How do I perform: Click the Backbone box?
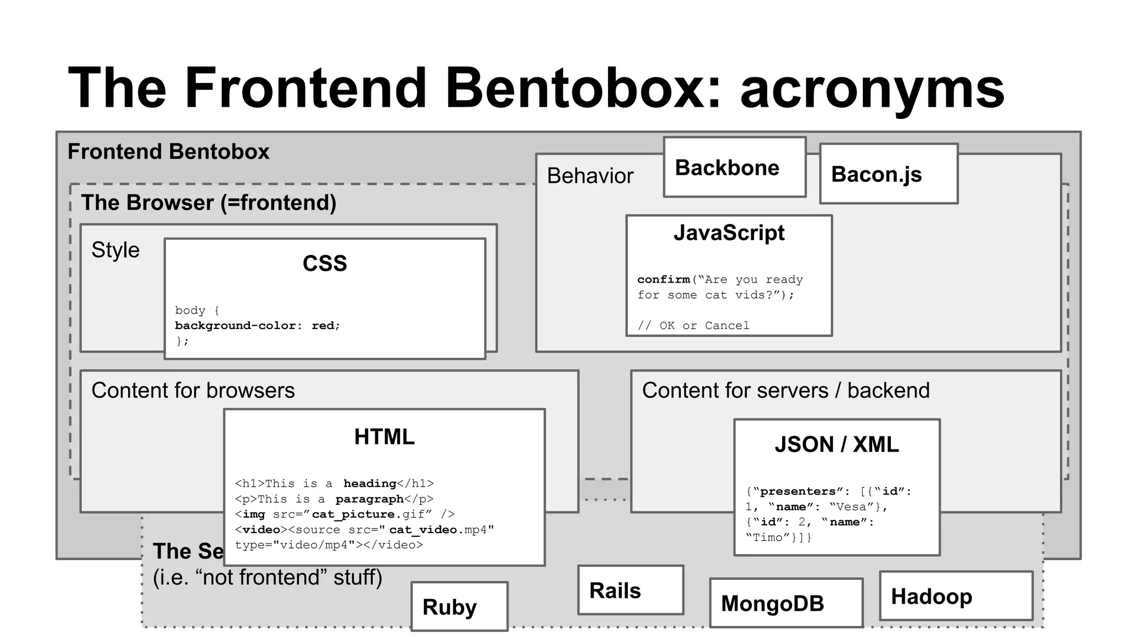click(734, 167)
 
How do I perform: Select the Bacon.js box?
click(888, 174)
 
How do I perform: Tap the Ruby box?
click(459, 607)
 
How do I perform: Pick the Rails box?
click(630, 590)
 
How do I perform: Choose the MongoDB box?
click(785, 603)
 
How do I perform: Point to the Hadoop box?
click(955, 596)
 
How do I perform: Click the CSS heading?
click(325, 263)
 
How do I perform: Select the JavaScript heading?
click(729, 233)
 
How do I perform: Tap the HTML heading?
click(384, 437)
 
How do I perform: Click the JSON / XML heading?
click(836, 445)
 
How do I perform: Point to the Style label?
click(116, 250)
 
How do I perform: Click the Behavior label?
click(590, 176)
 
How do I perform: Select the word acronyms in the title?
click(872, 88)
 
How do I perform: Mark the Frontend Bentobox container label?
click(168, 152)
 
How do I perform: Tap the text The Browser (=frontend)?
click(208, 202)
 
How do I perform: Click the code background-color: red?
click(257, 326)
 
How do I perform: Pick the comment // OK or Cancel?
click(693, 326)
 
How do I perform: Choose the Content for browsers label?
click(193, 390)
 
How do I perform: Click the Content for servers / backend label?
click(785, 390)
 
